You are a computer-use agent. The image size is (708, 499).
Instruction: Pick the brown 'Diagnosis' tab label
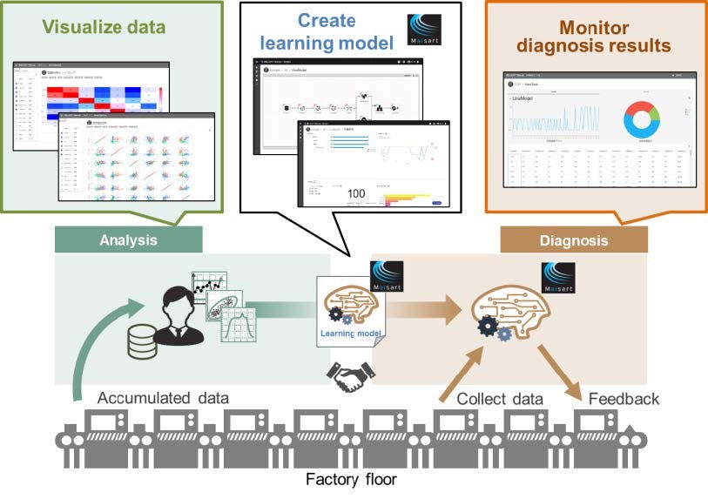tap(574, 240)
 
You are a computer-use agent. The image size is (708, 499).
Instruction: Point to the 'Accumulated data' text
tap(163, 399)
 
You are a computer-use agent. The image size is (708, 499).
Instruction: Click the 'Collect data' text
tap(501, 399)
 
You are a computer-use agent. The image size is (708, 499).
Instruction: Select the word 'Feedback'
tap(624, 399)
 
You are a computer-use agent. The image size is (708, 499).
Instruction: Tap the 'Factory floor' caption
tap(354, 479)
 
